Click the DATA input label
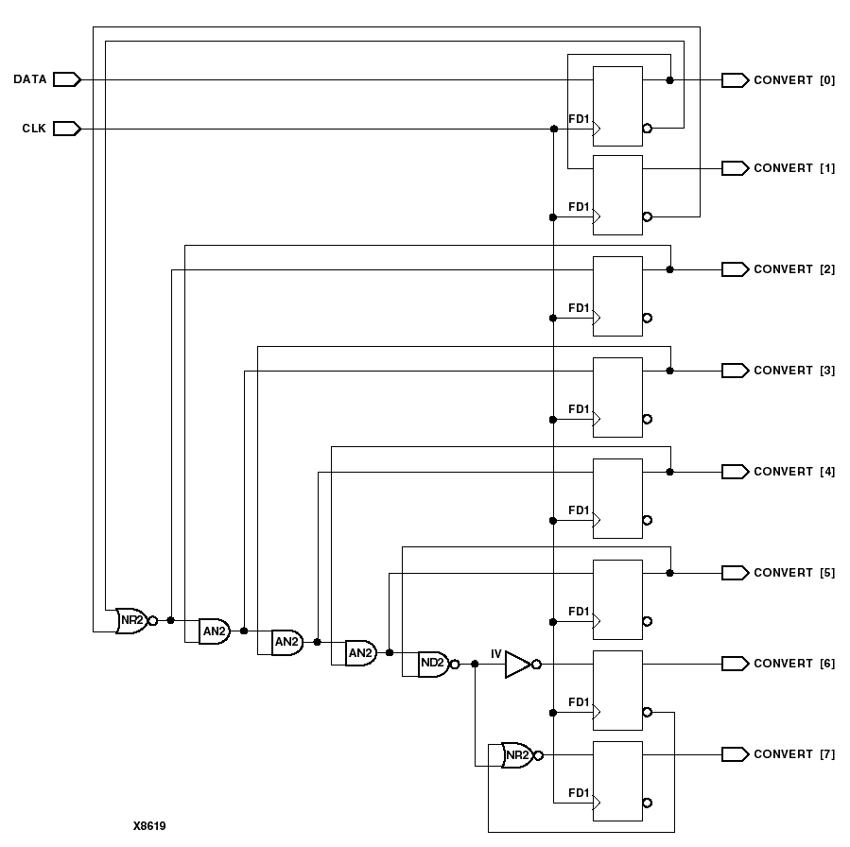pyautogui.click(x=29, y=79)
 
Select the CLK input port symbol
pyautogui.click(x=66, y=129)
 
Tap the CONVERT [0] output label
pyautogui.click(x=793, y=80)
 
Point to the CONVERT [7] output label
pyautogui.click(x=793, y=754)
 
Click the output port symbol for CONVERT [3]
pyautogui.click(x=735, y=371)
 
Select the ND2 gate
pyautogui.click(x=433, y=664)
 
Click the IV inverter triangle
pyautogui.click(x=517, y=664)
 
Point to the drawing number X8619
pyautogui.click(x=149, y=825)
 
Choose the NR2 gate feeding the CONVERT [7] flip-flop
pyautogui.click(x=516, y=754)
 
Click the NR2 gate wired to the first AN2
pyautogui.click(x=130, y=620)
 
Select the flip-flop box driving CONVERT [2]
pyautogui.click(x=616, y=296)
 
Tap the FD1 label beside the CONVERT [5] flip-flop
pyautogui.click(x=579, y=612)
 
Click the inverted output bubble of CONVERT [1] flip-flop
pyautogui.click(x=647, y=216)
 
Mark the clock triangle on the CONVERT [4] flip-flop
pyautogui.click(x=597, y=520)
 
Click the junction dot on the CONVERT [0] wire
pyautogui.click(x=669, y=80)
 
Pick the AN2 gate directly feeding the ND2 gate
pyautogui.click(x=360, y=652)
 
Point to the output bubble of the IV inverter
pyautogui.click(x=537, y=664)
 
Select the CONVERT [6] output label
pyautogui.click(x=793, y=664)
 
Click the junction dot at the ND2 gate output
pyautogui.click(x=475, y=664)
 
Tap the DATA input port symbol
pyautogui.click(x=66, y=79)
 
